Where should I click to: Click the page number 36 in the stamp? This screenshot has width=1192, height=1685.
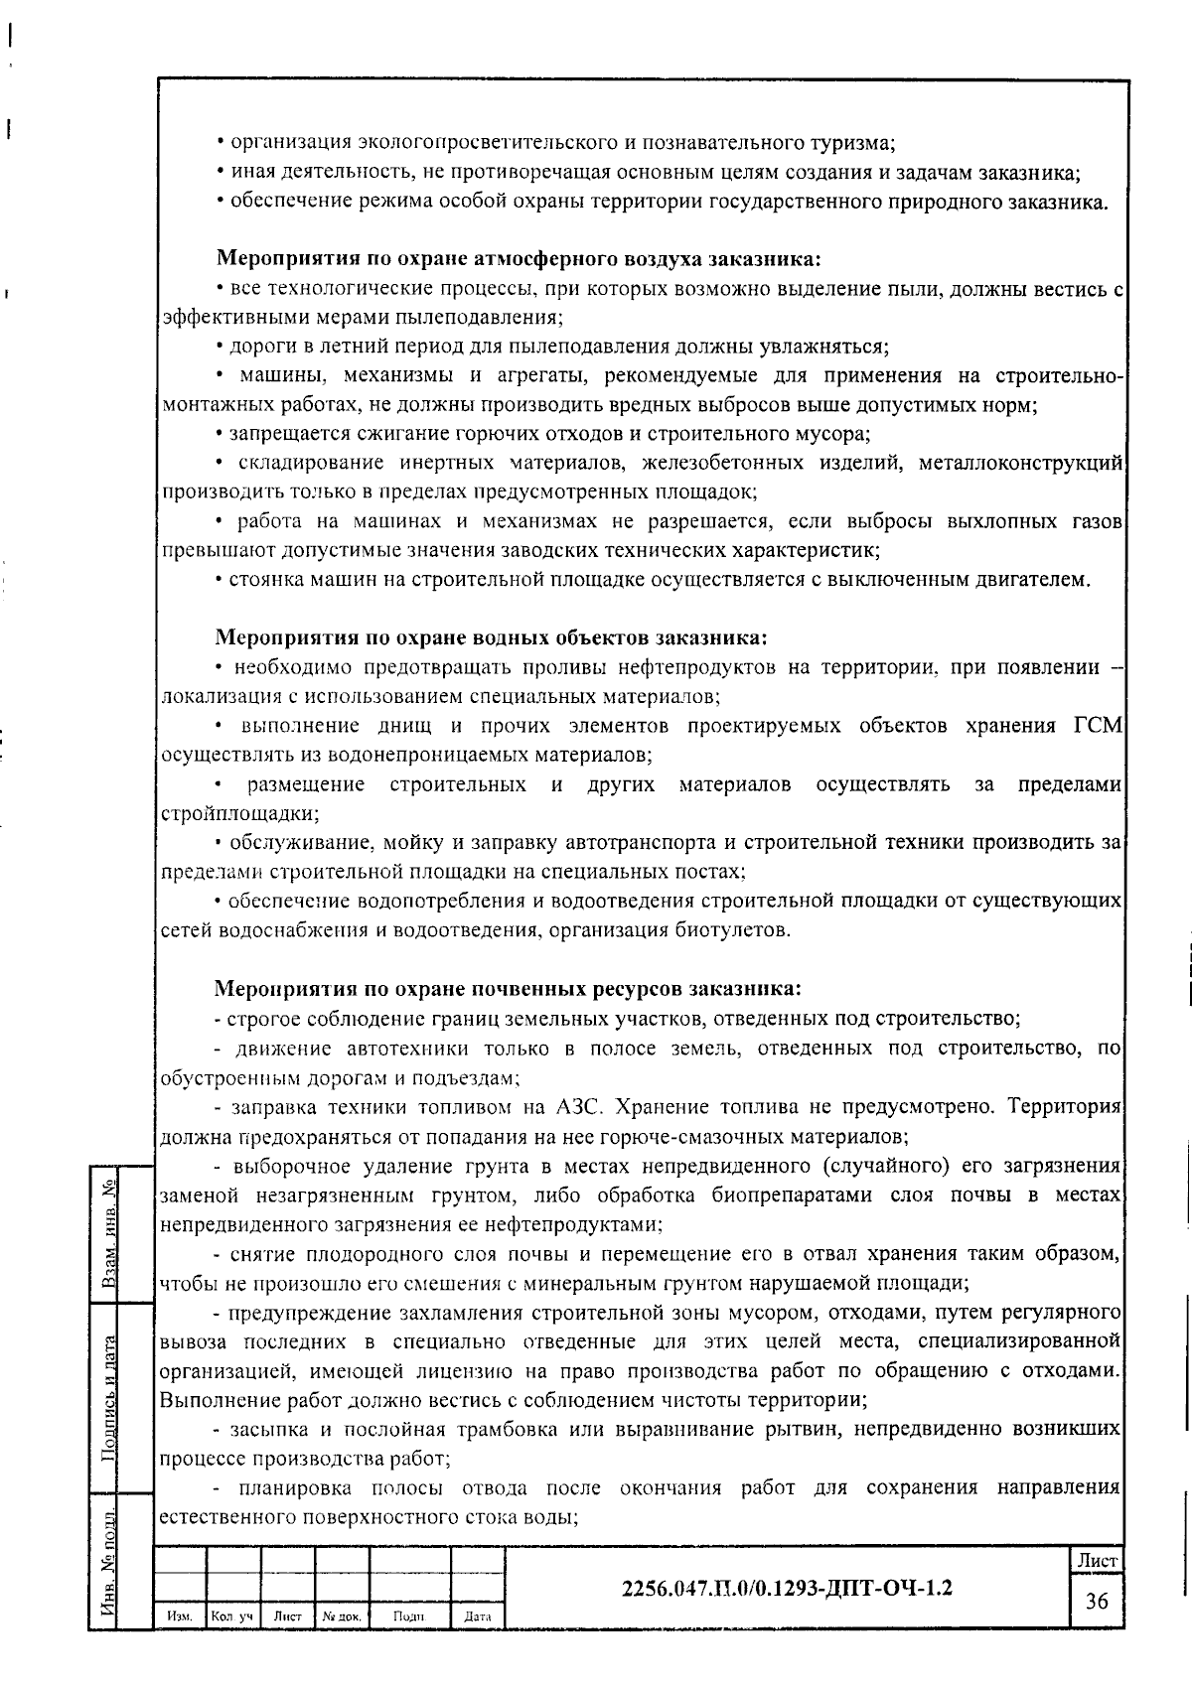pos(1097,1601)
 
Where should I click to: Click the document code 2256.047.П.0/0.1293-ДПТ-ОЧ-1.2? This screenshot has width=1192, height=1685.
pos(786,1587)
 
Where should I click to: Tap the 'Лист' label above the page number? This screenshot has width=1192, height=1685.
pos(1097,1561)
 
